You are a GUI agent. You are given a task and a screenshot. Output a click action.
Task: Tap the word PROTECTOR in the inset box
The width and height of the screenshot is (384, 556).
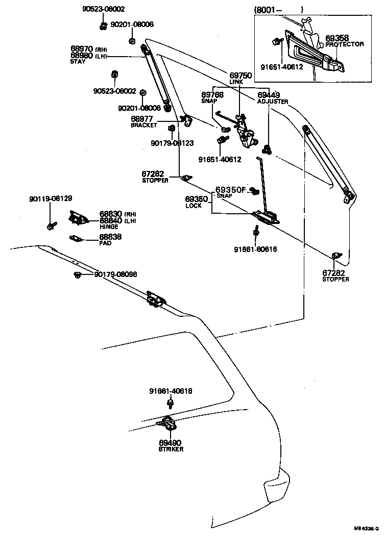pos(344,44)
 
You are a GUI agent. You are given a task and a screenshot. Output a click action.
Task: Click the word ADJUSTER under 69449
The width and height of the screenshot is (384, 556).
pos(272,102)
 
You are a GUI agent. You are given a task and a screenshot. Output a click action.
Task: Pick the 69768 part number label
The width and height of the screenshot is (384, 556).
pos(212,94)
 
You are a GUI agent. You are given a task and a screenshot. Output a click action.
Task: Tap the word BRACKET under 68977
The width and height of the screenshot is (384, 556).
pos(143,125)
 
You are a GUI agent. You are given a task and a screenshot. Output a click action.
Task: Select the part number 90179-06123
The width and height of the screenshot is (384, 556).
pos(172,143)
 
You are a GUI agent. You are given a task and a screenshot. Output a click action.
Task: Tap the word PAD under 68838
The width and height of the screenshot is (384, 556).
pos(105,243)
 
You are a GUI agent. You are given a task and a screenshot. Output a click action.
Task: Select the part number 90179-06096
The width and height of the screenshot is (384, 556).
pos(115,274)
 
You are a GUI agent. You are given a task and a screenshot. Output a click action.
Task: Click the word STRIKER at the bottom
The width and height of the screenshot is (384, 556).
pos(171,449)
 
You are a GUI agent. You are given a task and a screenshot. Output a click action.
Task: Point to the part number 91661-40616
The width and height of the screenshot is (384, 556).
pos(171,391)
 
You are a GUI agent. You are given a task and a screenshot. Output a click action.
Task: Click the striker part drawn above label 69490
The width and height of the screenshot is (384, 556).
pos(167,423)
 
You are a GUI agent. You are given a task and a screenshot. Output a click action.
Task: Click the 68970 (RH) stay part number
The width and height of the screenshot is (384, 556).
pos(87,49)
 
